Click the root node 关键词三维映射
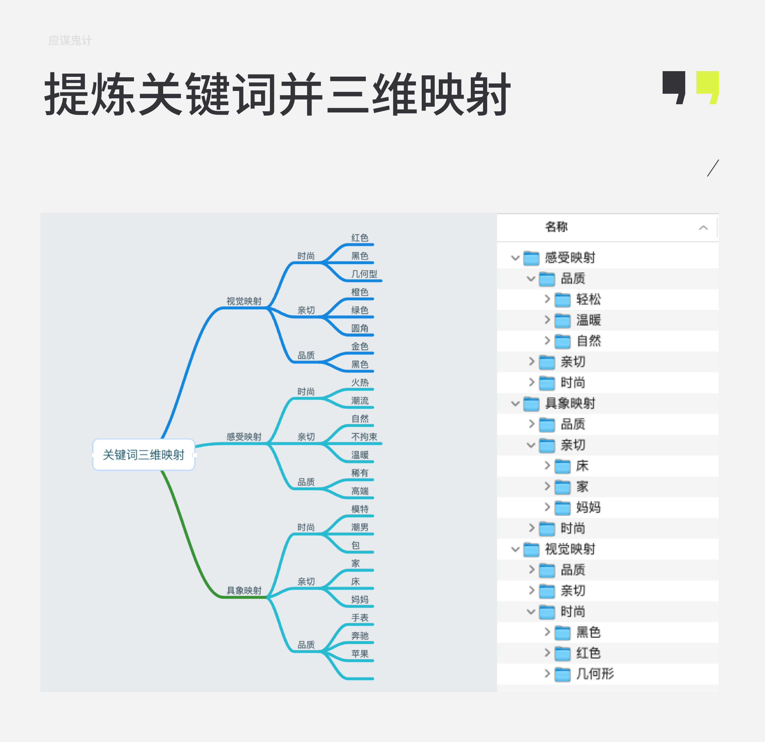pyautogui.click(x=143, y=455)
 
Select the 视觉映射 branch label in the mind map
pyautogui.click(x=244, y=301)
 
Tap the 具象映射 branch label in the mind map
pyautogui.click(x=244, y=590)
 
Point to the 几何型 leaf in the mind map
pyautogui.click(x=364, y=274)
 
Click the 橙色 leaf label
pyautogui.click(x=360, y=292)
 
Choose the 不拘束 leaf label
pyautogui.click(x=364, y=437)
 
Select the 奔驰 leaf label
pyautogui.click(x=360, y=636)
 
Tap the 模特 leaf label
pyautogui.click(x=360, y=509)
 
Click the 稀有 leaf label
pyautogui.click(x=360, y=473)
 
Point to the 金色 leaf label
pyautogui.click(x=360, y=346)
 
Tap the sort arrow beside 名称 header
pyautogui.click(x=703, y=228)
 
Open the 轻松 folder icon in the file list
pyautogui.click(x=562, y=299)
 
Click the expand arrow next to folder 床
pyautogui.click(x=547, y=465)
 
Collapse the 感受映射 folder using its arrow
pyautogui.click(x=515, y=258)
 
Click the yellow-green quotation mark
pyautogui.click(x=708, y=87)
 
